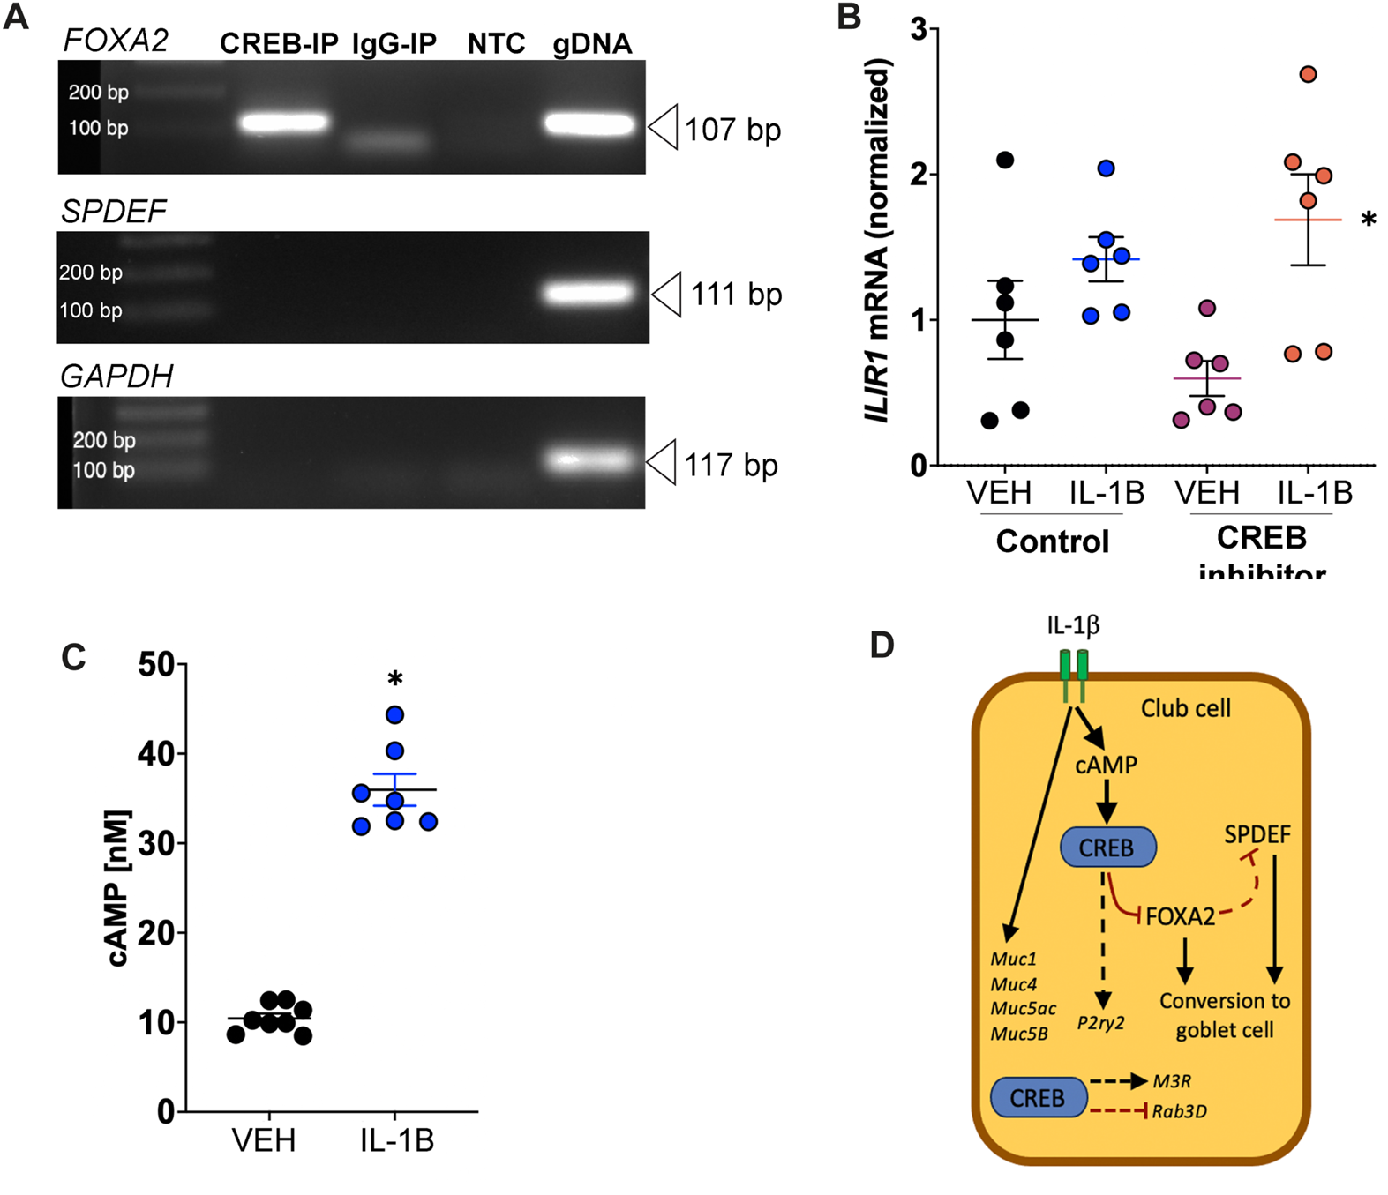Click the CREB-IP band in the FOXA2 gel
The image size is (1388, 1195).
click(284, 123)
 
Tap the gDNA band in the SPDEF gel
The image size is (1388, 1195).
click(589, 292)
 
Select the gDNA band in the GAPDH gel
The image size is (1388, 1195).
click(589, 459)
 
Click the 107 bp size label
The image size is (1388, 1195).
click(732, 131)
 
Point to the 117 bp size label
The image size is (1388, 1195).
click(731, 465)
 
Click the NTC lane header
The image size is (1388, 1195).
click(496, 44)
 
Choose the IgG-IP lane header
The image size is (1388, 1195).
click(394, 44)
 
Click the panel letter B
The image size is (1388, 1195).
click(848, 17)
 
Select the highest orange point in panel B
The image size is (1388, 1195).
click(1308, 74)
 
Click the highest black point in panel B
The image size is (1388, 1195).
click(1005, 160)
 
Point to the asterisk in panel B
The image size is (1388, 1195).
click(1368, 220)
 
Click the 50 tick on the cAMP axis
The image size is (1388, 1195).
click(156, 664)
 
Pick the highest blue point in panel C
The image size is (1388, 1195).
click(394, 714)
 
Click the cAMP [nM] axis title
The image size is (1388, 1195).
click(119, 888)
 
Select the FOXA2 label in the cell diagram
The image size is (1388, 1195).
click(1180, 917)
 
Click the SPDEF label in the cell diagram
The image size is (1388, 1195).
click(1257, 834)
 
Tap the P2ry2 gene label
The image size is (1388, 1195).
click(1100, 1023)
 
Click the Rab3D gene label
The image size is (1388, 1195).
click(1179, 1111)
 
